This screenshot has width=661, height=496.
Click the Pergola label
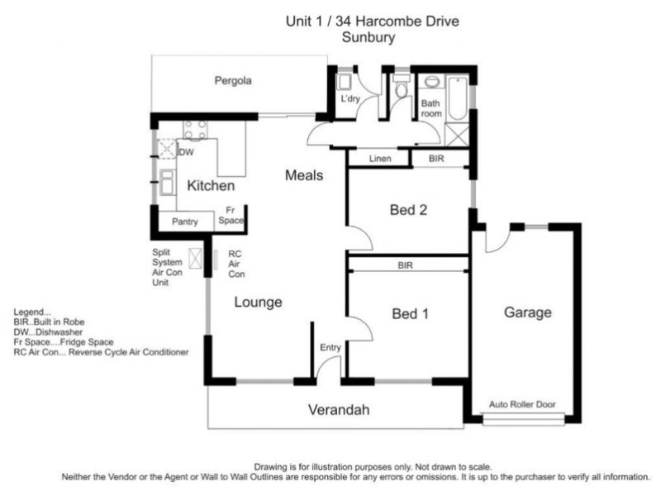(233, 80)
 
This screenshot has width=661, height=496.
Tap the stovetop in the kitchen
(195, 130)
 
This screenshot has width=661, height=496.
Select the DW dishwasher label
(186, 152)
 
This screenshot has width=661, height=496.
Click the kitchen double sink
(168, 182)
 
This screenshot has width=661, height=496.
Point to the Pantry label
(184, 222)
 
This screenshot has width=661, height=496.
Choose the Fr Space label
(231, 215)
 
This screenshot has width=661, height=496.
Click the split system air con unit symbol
(195, 258)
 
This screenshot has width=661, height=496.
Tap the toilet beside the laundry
(402, 86)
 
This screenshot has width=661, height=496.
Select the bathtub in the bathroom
(458, 98)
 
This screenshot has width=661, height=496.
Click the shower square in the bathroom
(458, 135)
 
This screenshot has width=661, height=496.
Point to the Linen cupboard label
(380, 159)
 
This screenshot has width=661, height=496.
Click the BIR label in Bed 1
(405, 265)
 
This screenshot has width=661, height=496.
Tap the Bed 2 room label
(408, 210)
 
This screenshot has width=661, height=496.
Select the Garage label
(528, 312)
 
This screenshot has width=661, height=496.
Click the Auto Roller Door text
(522, 404)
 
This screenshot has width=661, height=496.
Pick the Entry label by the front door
(330, 347)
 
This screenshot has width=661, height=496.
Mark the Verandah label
(339, 409)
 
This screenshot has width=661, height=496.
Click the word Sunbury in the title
(368, 37)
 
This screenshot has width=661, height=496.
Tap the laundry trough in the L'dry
(345, 82)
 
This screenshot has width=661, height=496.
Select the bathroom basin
(431, 81)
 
